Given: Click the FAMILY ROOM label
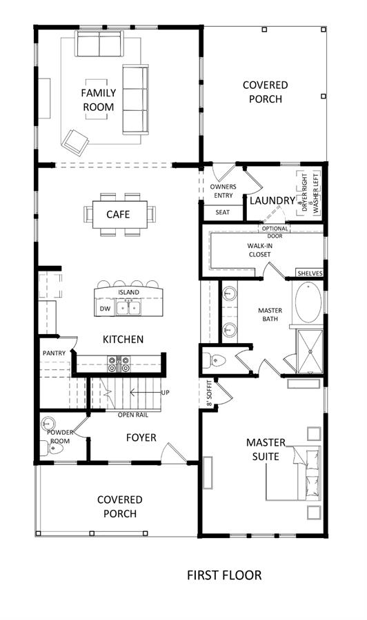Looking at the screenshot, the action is point(99,100).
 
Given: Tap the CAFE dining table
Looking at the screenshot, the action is point(119,214).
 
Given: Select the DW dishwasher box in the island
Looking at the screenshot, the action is point(105,309).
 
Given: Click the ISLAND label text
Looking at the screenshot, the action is point(129,292).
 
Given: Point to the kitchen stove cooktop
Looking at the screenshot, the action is point(119,364).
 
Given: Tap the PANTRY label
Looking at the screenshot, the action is point(54,353).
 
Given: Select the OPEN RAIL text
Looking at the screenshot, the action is point(133,415).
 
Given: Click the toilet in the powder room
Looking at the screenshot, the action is point(52,448).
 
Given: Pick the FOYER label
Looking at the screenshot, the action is point(141,437).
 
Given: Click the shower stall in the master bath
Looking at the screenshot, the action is point(310,351).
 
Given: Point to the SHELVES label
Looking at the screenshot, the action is point(310,273).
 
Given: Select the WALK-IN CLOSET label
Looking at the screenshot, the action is point(259,250).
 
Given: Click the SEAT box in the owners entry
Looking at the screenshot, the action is point(223,212).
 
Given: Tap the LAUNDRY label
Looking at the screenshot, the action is point(272,200).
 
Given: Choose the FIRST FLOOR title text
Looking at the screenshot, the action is point(224,575).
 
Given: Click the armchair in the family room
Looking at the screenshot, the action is point(75,143).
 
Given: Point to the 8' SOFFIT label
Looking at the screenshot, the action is point(210,393).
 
